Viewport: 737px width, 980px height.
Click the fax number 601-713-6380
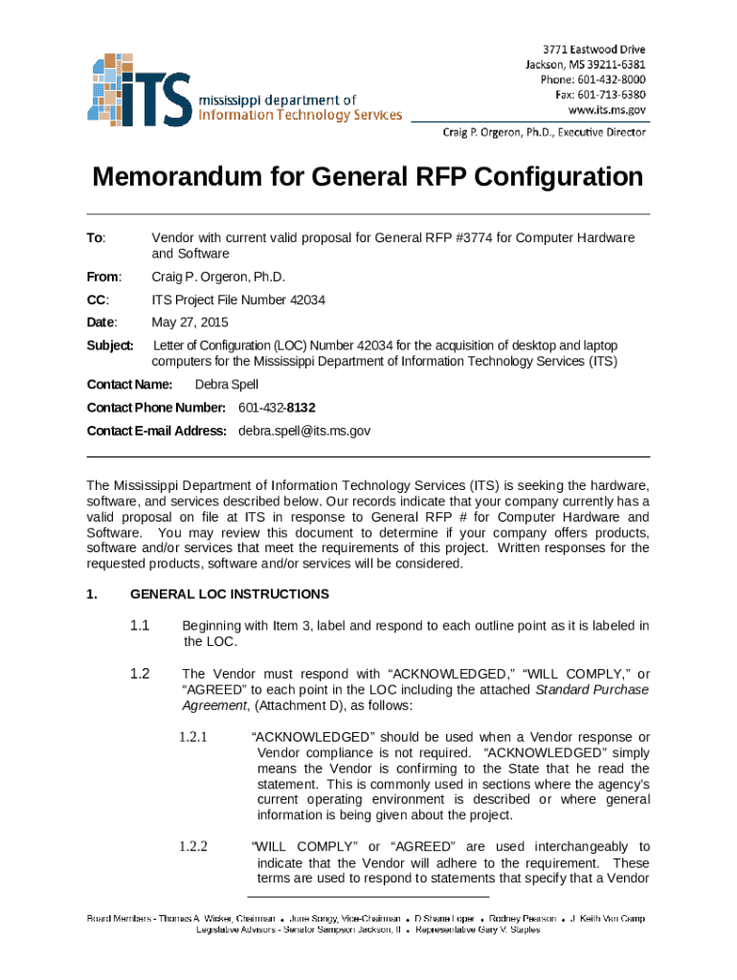[x=614, y=95]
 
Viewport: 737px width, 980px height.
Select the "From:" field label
[x=103, y=278]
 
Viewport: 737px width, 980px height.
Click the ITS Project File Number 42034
[x=238, y=301]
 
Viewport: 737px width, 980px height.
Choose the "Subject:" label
[x=110, y=345]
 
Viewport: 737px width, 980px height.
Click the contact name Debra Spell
[x=226, y=385]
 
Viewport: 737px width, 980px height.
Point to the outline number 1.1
[x=140, y=626]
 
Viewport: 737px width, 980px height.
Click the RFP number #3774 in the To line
[x=490, y=237]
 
